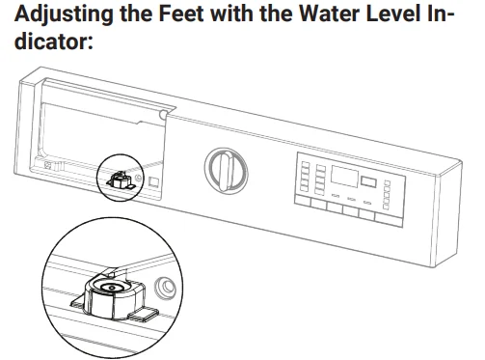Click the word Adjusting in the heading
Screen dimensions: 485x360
pyautogui.click(x=64, y=14)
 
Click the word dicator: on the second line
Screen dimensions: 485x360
pyautogui.click(x=54, y=42)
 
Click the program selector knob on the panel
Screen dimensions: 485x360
pyautogui.click(x=227, y=171)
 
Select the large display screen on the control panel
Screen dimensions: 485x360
pyautogui.click(x=344, y=176)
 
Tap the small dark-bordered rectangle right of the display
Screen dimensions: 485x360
pyautogui.click(x=368, y=181)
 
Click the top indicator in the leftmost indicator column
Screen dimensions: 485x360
pyautogui.click(x=305, y=164)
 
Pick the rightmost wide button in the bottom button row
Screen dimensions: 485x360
pyautogui.click(x=389, y=220)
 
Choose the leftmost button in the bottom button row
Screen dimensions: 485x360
pyautogui.click(x=303, y=202)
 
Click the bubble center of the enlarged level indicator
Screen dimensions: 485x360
pyautogui.click(x=112, y=288)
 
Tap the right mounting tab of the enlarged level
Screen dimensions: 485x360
pyautogui.click(x=144, y=314)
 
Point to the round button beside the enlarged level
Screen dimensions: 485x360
pyautogui.click(x=165, y=288)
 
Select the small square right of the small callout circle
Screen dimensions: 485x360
pyautogui.click(x=153, y=181)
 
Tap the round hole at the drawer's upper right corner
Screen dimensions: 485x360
pyautogui.click(x=163, y=114)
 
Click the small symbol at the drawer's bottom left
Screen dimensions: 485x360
pyautogui.click(x=49, y=165)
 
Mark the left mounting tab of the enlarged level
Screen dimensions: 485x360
pyautogui.click(x=78, y=302)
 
